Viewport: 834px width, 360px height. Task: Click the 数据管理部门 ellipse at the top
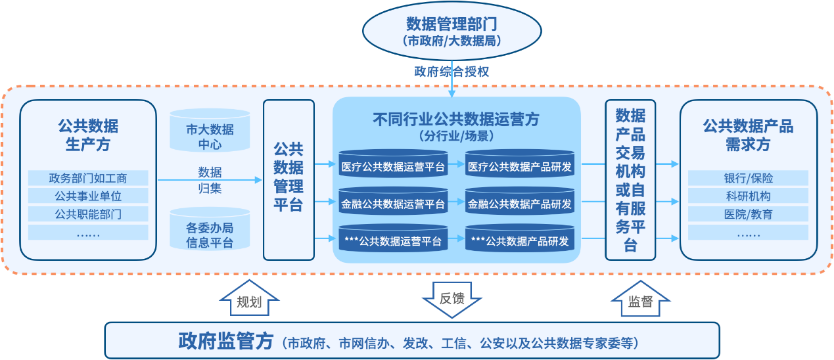(x=452, y=31)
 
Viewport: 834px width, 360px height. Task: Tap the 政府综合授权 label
(x=452, y=72)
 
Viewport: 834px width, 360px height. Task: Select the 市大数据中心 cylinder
(x=210, y=130)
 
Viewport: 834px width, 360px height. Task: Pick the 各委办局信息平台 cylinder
(x=210, y=229)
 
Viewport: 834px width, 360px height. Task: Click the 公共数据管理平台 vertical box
(x=289, y=180)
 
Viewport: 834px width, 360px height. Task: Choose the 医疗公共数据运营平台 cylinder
(x=393, y=163)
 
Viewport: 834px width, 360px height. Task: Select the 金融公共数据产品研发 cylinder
(x=520, y=200)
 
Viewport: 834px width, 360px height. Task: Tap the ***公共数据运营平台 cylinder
(x=393, y=238)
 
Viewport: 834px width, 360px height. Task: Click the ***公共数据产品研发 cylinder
(x=520, y=238)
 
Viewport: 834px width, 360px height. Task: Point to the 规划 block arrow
(x=250, y=298)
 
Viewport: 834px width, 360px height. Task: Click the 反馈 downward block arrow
(x=452, y=300)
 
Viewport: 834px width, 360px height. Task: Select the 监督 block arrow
(x=640, y=298)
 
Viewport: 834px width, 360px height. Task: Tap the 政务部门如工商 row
(x=88, y=178)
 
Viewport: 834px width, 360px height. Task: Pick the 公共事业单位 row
(x=88, y=196)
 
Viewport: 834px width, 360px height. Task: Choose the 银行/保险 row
(x=748, y=178)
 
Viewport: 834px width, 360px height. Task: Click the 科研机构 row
(x=748, y=196)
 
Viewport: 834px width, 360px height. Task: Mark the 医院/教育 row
(x=748, y=214)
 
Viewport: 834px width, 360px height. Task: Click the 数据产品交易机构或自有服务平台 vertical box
(x=630, y=180)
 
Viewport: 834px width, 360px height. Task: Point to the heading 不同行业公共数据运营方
(x=456, y=120)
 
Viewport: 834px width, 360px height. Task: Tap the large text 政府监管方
(x=225, y=341)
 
